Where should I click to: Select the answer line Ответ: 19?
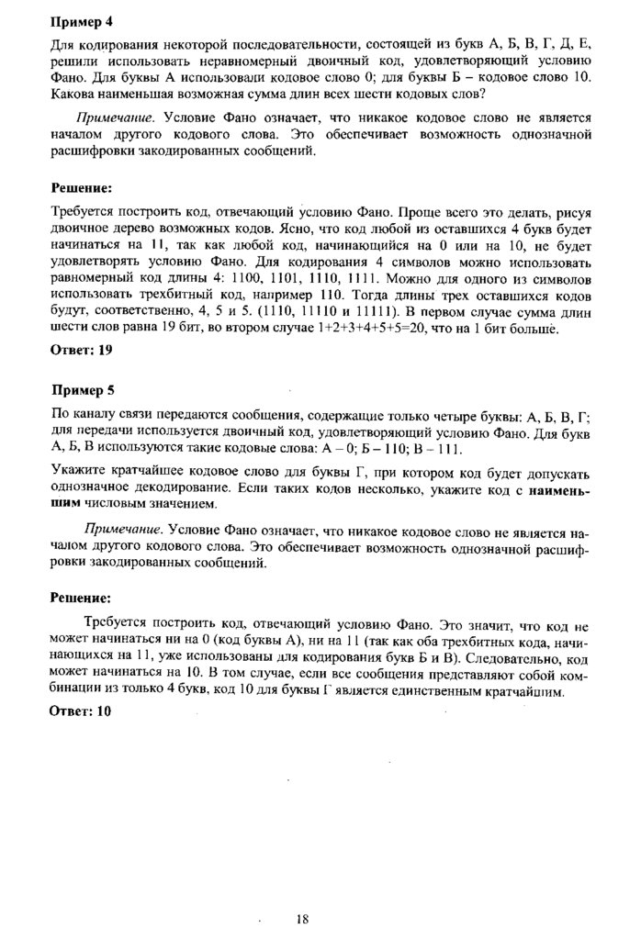pos(80,350)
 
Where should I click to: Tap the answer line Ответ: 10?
pos(80,711)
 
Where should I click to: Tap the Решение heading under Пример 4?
pos(82,188)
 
